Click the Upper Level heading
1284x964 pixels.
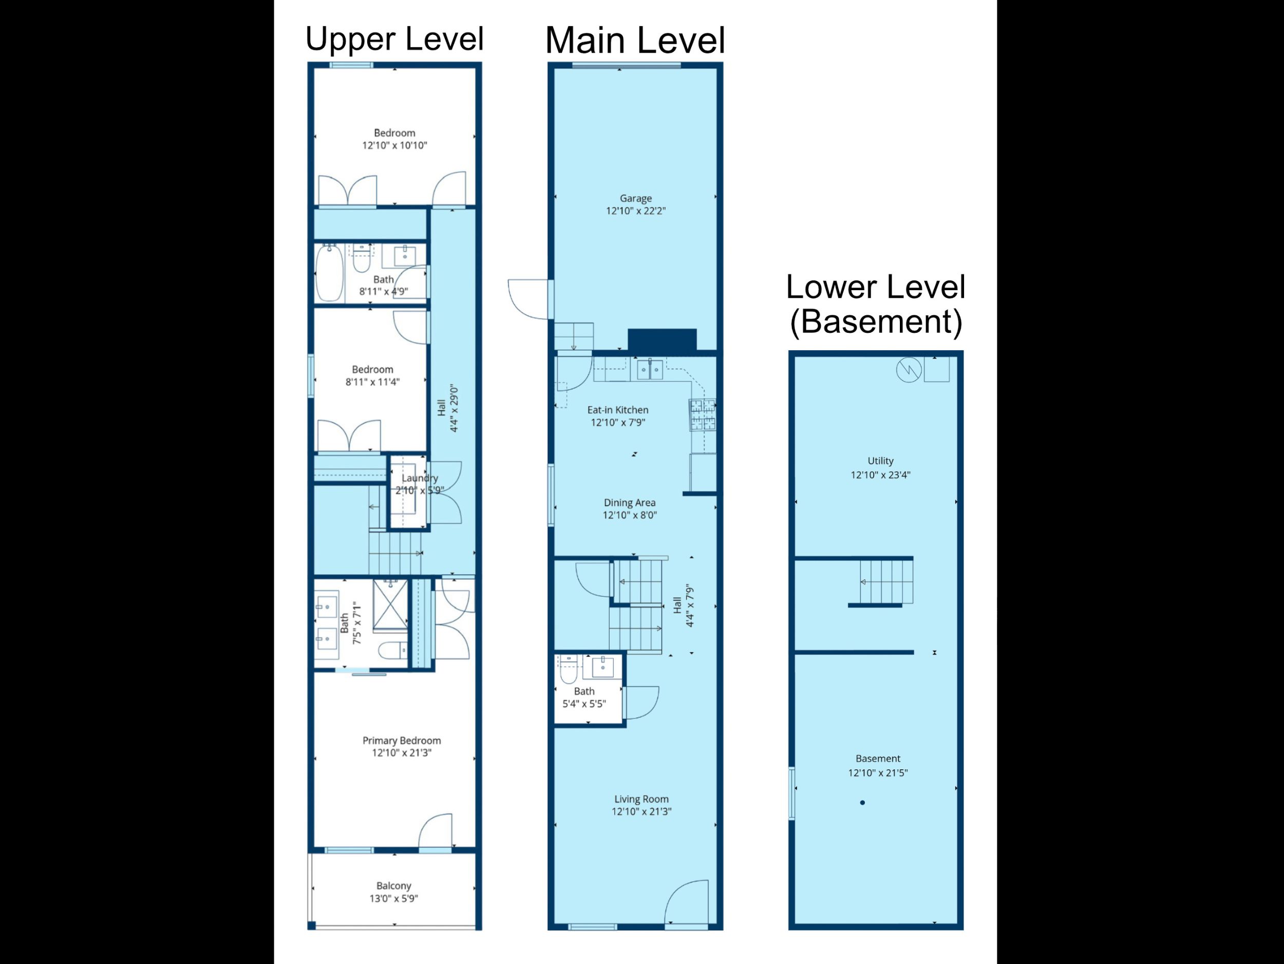pos(394,39)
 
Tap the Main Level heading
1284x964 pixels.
pos(635,40)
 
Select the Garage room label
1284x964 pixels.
pos(636,198)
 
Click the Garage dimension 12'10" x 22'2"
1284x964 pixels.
pos(636,211)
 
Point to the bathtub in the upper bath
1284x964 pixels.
pos(329,273)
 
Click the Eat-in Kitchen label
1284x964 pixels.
pos(618,410)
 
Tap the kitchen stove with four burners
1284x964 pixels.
pos(703,414)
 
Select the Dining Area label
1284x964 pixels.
pos(629,503)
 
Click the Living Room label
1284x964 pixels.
pos(641,799)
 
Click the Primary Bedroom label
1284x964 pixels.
pos(402,741)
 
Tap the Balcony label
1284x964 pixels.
pos(393,885)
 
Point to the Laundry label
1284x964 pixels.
pos(420,478)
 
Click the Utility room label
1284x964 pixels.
pos(880,461)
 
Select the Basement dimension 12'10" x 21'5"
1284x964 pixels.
pos(877,772)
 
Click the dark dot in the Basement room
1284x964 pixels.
pos(862,803)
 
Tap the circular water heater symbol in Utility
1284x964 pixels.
pos(909,370)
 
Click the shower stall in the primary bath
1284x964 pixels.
pos(390,606)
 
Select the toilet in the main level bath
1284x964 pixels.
pos(568,671)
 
